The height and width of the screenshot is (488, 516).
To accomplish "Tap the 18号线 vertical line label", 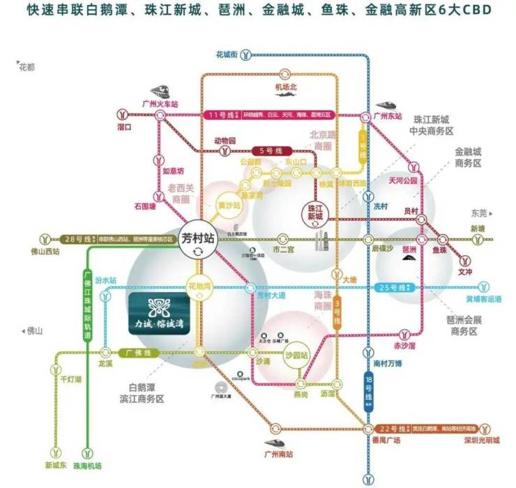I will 369,390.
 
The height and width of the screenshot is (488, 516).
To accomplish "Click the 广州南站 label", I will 279,455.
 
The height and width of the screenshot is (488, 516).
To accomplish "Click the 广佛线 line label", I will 135,353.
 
